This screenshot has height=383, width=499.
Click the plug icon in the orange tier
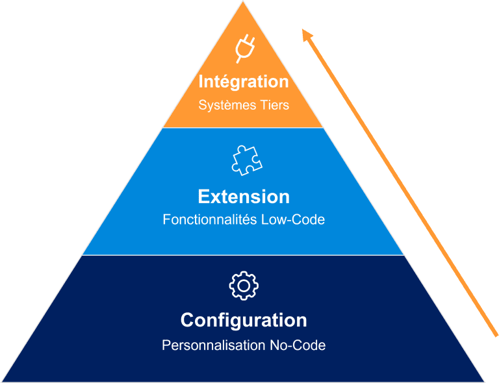click(x=244, y=49)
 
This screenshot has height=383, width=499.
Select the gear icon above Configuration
click(x=244, y=286)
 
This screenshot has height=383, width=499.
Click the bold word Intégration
click(x=244, y=82)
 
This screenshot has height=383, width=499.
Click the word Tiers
click(x=274, y=105)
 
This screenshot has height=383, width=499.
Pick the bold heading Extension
click(x=244, y=197)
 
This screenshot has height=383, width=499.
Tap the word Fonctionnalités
click(x=210, y=220)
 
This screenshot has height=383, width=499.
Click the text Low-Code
click(x=293, y=220)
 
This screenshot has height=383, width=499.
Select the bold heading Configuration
click(x=244, y=321)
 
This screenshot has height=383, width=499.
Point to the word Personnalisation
click(x=213, y=345)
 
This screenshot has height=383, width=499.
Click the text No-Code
click(x=298, y=345)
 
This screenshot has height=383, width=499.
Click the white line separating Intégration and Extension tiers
click(x=244, y=127)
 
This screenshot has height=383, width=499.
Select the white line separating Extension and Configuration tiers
click(x=244, y=255)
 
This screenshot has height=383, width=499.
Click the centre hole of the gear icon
click(x=244, y=286)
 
